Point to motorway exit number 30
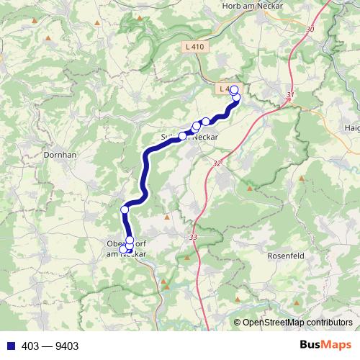310,29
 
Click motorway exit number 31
290,94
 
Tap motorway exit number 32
217,163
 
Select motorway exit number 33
193,238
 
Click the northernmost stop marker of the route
233,89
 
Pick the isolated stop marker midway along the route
125,210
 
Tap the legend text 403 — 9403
50,346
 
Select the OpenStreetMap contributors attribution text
297,323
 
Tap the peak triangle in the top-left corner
48,37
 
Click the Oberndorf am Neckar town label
126,248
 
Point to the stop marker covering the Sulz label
183,135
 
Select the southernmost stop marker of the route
123,249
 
